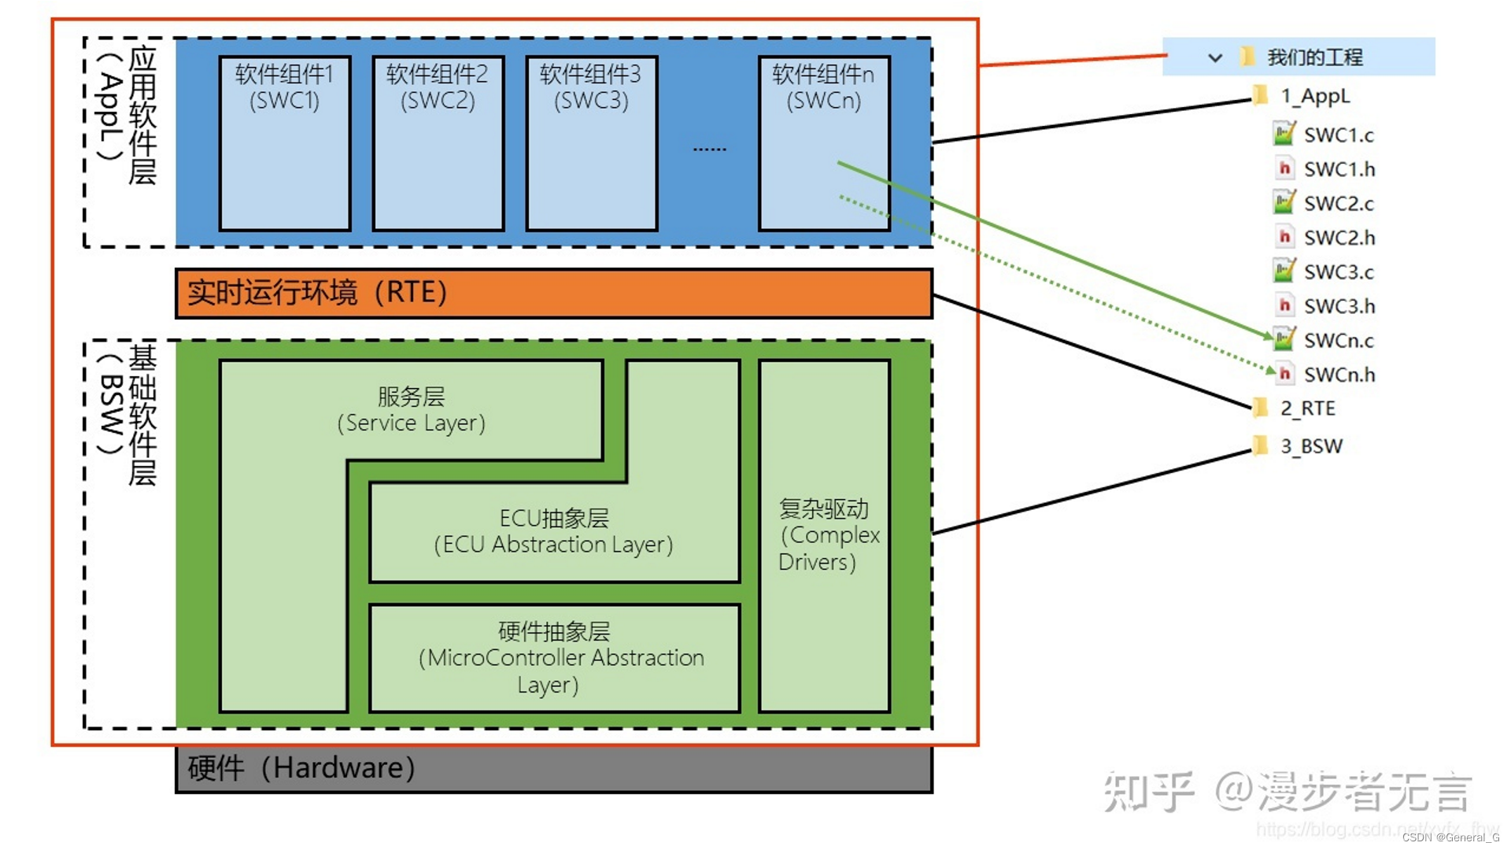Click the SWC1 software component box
tap(285, 143)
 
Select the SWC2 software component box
tap(438, 143)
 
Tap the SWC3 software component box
tap(592, 143)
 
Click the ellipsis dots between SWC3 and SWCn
tap(709, 149)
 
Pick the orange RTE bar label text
tap(316, 293)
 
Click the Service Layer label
tap(411, 410)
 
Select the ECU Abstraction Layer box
tap(554, 532)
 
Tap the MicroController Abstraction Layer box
tap(554, 658)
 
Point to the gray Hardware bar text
tap(301, 768)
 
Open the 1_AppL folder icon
tap(1259, 96)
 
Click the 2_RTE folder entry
tap(1307, 408)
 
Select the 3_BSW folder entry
tap(1310, 446)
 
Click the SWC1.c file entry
tap(1338, 135)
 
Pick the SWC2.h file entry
tap(1339, 238)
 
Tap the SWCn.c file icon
tap(1284, 339)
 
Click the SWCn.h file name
tap(1339, 375)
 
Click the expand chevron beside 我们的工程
tap(1214, 57)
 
